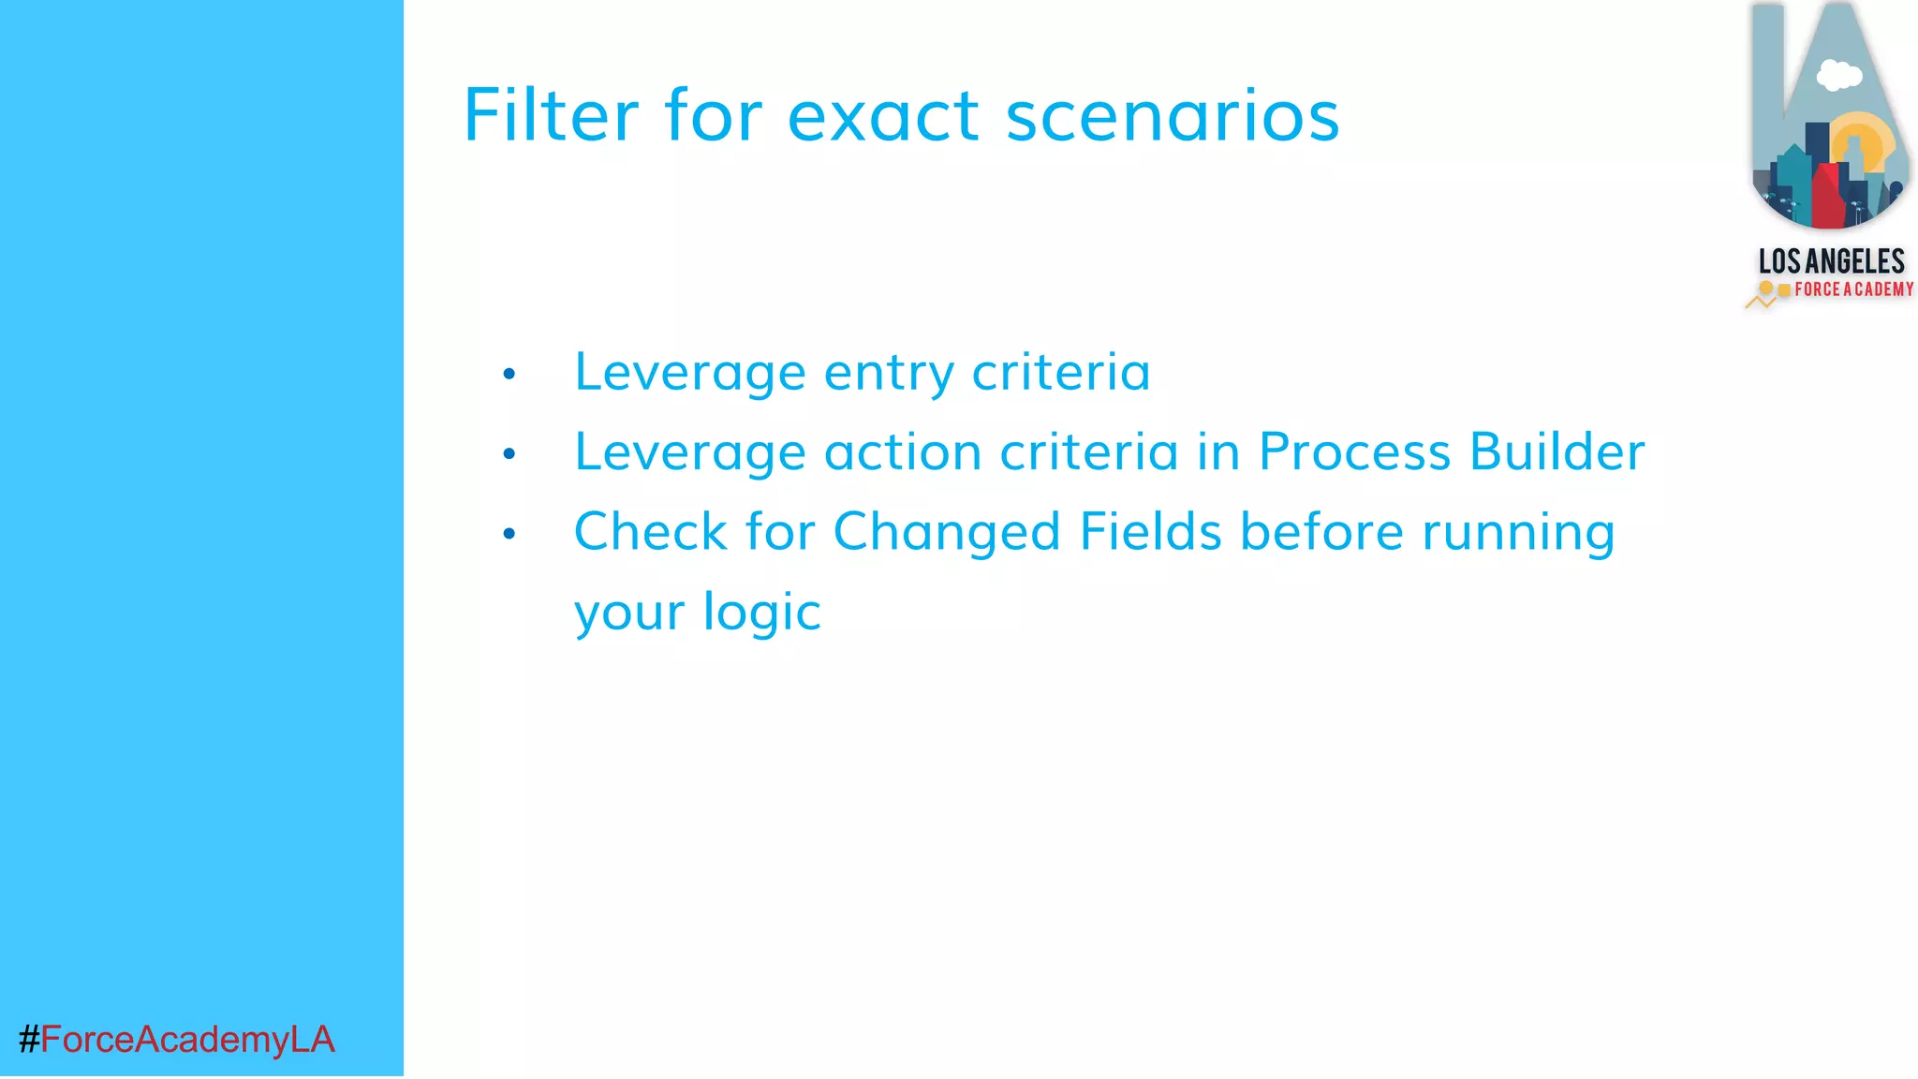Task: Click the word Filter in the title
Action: point(551,115)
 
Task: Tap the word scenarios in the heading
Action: point(1173,117)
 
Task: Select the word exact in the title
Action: point(883,117)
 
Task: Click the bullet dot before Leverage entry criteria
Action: point(509,375)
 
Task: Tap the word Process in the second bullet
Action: point(1354,452)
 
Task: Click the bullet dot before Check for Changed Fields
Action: point(509,534)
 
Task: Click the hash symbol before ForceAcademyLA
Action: point(29,1040)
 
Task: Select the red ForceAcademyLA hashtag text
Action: point(187,1040)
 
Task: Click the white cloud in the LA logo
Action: point(1838,75)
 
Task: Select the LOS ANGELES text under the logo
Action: point(1831,261)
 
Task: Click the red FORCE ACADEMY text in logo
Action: point(1853,289)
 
